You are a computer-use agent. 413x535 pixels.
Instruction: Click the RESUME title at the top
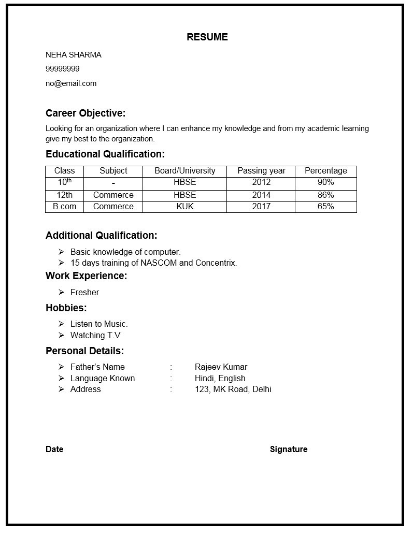pyautogui.click(x=207, y=37)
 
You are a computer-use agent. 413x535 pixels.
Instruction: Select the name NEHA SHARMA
pyautogui.click(x=73, y=55)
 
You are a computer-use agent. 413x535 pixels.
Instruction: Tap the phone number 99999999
pyautogui.click(x=62, y=69)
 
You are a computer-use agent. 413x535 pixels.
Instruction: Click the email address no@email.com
pyautogui.click(x=70, y=83)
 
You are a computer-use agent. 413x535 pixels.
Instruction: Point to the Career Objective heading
pyautogui.click(x=86, y=113)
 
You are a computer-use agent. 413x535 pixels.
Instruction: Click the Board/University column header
pyautogui.click(x=184, y=171)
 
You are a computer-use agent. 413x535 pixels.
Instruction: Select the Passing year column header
pyautogui.click(x=261, y=171)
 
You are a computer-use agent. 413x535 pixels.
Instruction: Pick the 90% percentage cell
pyautogui.click(x=325, y=182)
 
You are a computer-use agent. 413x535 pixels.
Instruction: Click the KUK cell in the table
pyautogui.click(x=184, y=207)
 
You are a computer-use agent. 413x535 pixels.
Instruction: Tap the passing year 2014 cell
pyautogui.click(x=261, y=195)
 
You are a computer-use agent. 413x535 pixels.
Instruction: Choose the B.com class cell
pyautogui.click(x=64, y=207)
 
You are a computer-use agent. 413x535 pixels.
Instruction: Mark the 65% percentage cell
pyautogui.click(x=325, y=207)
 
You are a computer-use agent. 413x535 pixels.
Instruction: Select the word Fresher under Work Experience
pyautogui.click(x=84, y=293)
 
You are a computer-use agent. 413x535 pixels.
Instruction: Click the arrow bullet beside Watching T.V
pyautogui.click(x=61, y=336)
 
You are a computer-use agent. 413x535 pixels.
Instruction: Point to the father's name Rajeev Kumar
pyautogui.click(x=221, y=367)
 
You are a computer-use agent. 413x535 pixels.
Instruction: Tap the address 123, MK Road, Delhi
pyautogui.click(x=233, y=389)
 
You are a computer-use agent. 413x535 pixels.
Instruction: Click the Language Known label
pyautogui.click(x=102, y=379)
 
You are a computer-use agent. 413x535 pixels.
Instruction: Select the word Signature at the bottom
pyautogui.click(x=288, y=450)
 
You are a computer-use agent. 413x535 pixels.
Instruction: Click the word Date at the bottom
pyautogui.click(x=54, y=450)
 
